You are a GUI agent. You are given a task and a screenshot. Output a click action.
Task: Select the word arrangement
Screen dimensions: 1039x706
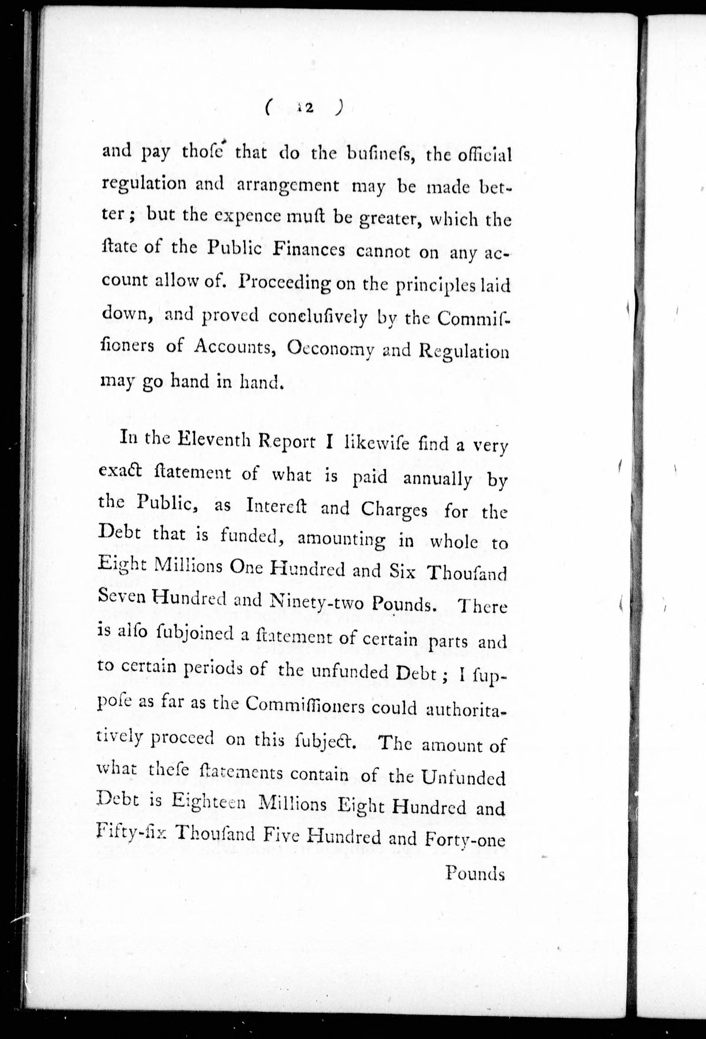(287, 186)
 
